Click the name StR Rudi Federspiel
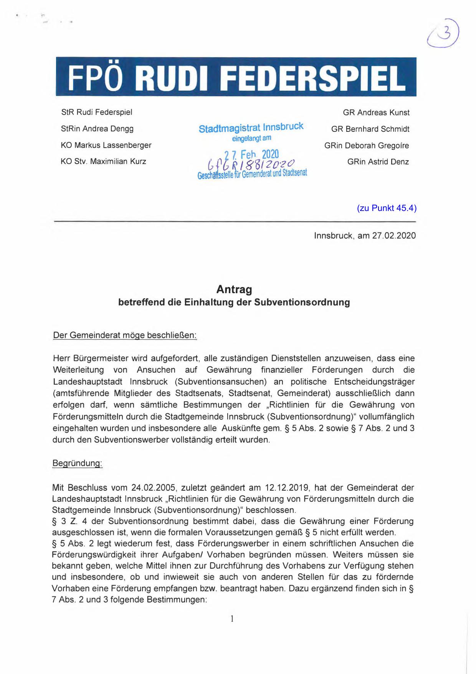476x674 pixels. pyautogui.click(x=97, y=112)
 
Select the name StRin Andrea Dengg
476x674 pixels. pyautogui.click(x=97, y=129)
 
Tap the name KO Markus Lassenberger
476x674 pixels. pyautogui.click(x=106, y=145)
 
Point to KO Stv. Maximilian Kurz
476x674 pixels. pyautogui.click(x=103, y=161)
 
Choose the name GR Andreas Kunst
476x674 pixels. pyautogui.click(x=376, y=113)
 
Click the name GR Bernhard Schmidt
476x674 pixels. pyautogui.click(x=370, y=129)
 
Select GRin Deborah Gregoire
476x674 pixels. pyautogui.click(x=367, y=146)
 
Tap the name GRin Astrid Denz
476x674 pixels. pyautogui.click(x=378, y=162)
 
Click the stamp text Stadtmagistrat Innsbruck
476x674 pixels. pyautogui.click(x=251, y=128)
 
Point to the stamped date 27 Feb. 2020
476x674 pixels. pyautogui.click(x=252, y=154)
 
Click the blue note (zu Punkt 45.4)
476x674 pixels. pyautogui.click(x=387, y=208)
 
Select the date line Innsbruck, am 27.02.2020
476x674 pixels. pyautogui.click(x=365, y=236)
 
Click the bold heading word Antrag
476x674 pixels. pyautogui.click(x=234, y=289)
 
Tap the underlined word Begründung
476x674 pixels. pyautogui.click(x=77, y=463)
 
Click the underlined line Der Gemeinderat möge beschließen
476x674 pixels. pyautogui.click(x=125, y=335)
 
